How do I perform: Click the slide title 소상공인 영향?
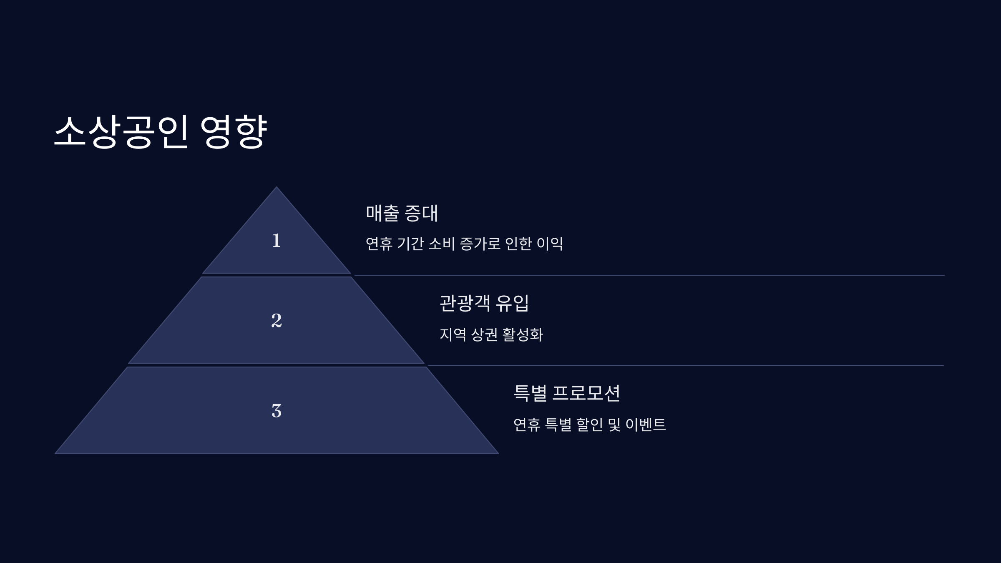[160, 131]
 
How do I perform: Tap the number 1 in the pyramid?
[276, 241]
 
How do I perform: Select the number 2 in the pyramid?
[276, 320]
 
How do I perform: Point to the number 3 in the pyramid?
[276, 410]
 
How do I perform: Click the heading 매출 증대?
[402, 213]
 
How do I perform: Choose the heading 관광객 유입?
[484, 303]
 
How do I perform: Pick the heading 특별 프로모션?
[566, 393]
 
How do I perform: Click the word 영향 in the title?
[233, 131]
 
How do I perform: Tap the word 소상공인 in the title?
[121, 131]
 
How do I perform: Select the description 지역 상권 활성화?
[491, 334]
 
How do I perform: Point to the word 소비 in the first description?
[441, 244]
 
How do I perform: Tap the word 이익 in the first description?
[550, 244]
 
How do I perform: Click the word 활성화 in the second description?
[523, 334]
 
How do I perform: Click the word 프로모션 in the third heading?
[586, 393]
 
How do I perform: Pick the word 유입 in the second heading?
[512, 303]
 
